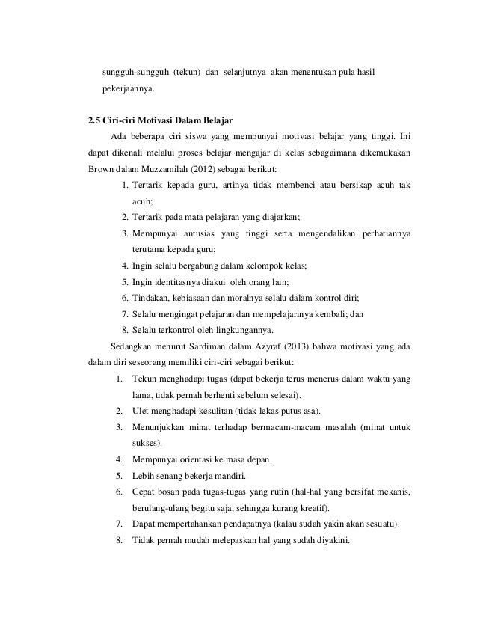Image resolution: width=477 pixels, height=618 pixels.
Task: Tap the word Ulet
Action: click(140, 411)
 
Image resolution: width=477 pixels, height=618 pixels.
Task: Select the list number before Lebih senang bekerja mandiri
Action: click(120, 476)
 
